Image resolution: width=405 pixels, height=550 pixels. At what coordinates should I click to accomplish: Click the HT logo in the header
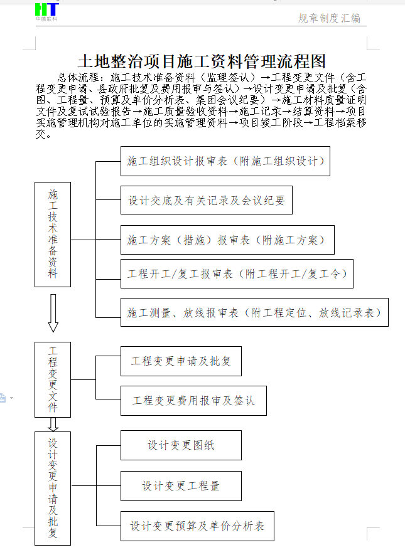(46, 10)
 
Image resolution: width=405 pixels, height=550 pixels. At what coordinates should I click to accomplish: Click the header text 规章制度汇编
(329, 18)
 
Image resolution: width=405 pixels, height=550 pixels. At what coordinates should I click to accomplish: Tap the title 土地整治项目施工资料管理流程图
(202, 61)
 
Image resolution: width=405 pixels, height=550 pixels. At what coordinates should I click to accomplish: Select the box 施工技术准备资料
(53, 234)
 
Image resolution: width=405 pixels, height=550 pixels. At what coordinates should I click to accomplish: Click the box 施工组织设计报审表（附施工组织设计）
(225, 161)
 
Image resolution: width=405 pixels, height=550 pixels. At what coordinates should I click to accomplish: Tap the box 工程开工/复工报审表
(237, 274)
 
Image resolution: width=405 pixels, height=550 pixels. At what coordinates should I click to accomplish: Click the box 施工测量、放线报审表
(254, 312)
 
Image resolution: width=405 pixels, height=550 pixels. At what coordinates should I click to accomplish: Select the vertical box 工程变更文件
(53, 379)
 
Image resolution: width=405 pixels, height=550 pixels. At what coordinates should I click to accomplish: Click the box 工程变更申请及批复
(181, 361)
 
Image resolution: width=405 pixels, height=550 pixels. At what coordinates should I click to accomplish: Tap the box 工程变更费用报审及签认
(193, 400)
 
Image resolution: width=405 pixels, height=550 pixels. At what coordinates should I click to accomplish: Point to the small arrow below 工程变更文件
(53, 424)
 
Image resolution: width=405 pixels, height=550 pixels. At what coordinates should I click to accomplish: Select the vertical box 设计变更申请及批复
(53, 488)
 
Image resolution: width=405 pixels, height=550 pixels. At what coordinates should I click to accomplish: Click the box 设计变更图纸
(181, 445)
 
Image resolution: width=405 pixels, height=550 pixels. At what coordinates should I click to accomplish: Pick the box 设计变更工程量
(181, 486)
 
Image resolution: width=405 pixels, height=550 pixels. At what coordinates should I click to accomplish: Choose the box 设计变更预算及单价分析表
(197, 526)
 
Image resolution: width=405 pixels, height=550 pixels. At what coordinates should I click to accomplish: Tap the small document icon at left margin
(3, 398)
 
